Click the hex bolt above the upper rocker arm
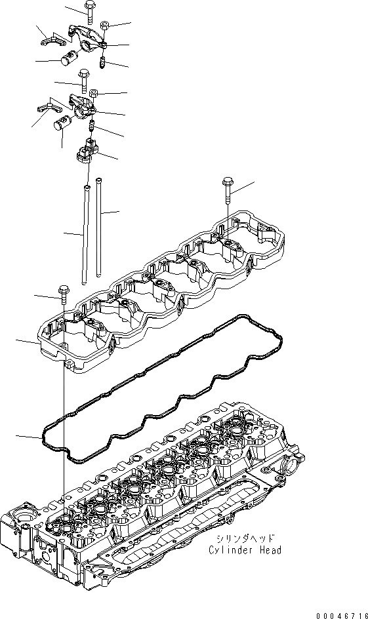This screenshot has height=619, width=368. pos(89,11)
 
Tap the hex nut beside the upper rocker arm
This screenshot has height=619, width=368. pos(104,26)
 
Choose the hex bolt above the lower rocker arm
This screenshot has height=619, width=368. pos(83,80)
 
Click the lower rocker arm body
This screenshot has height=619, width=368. pos(85,107)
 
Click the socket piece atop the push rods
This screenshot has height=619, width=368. pos(87,153)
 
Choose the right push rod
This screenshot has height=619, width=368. pos(100,226)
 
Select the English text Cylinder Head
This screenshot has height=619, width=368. pos(246,550)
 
